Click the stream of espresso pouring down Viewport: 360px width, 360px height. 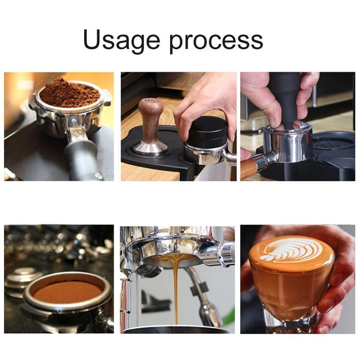click(x=176, y=288)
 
